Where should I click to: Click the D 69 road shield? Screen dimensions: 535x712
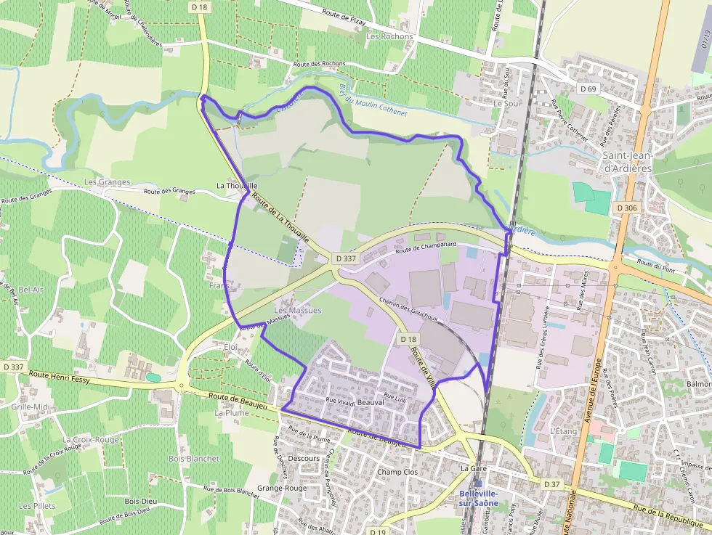pos(588,88)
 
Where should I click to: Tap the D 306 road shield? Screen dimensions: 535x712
pos(626,208)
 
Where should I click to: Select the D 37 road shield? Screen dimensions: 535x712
pos(552,483)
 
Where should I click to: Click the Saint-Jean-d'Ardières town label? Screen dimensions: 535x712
pos(628,162)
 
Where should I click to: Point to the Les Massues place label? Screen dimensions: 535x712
pos(297,311)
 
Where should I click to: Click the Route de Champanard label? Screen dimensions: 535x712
pos(425,248)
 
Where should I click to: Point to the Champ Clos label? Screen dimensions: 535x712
pos(397,472)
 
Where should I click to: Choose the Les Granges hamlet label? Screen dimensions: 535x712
pos(107,182)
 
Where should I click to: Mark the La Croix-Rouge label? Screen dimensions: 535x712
pos(90,440)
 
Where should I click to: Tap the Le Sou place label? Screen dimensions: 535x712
pos(506,104)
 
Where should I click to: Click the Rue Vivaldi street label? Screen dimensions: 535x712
pos(341,401)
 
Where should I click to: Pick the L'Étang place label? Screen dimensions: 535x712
pos(563,431)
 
